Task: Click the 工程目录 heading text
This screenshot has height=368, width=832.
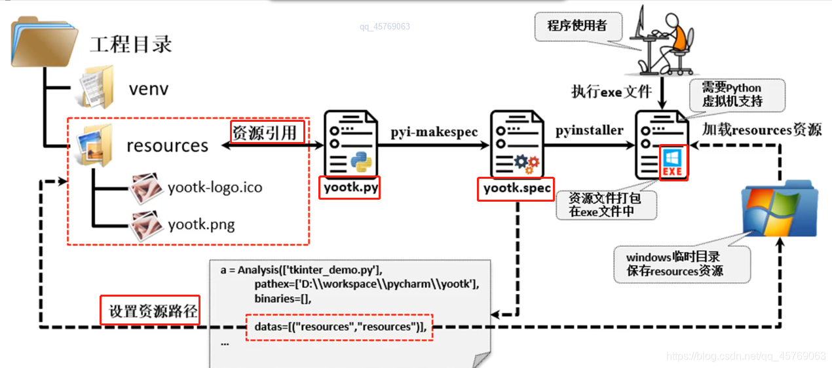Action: click(131, 45)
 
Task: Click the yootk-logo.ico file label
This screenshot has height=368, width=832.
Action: click(214, 187)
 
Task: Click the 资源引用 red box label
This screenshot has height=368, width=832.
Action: click(267, 132)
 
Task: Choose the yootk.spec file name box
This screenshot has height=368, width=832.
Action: click(515, 189)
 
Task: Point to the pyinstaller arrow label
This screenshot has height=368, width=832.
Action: click(590, 130)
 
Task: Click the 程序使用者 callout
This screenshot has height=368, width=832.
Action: click(577, 26)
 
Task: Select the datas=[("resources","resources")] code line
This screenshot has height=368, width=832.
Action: click(339, 327)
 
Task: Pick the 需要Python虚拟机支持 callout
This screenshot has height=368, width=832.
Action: click(732, 96)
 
